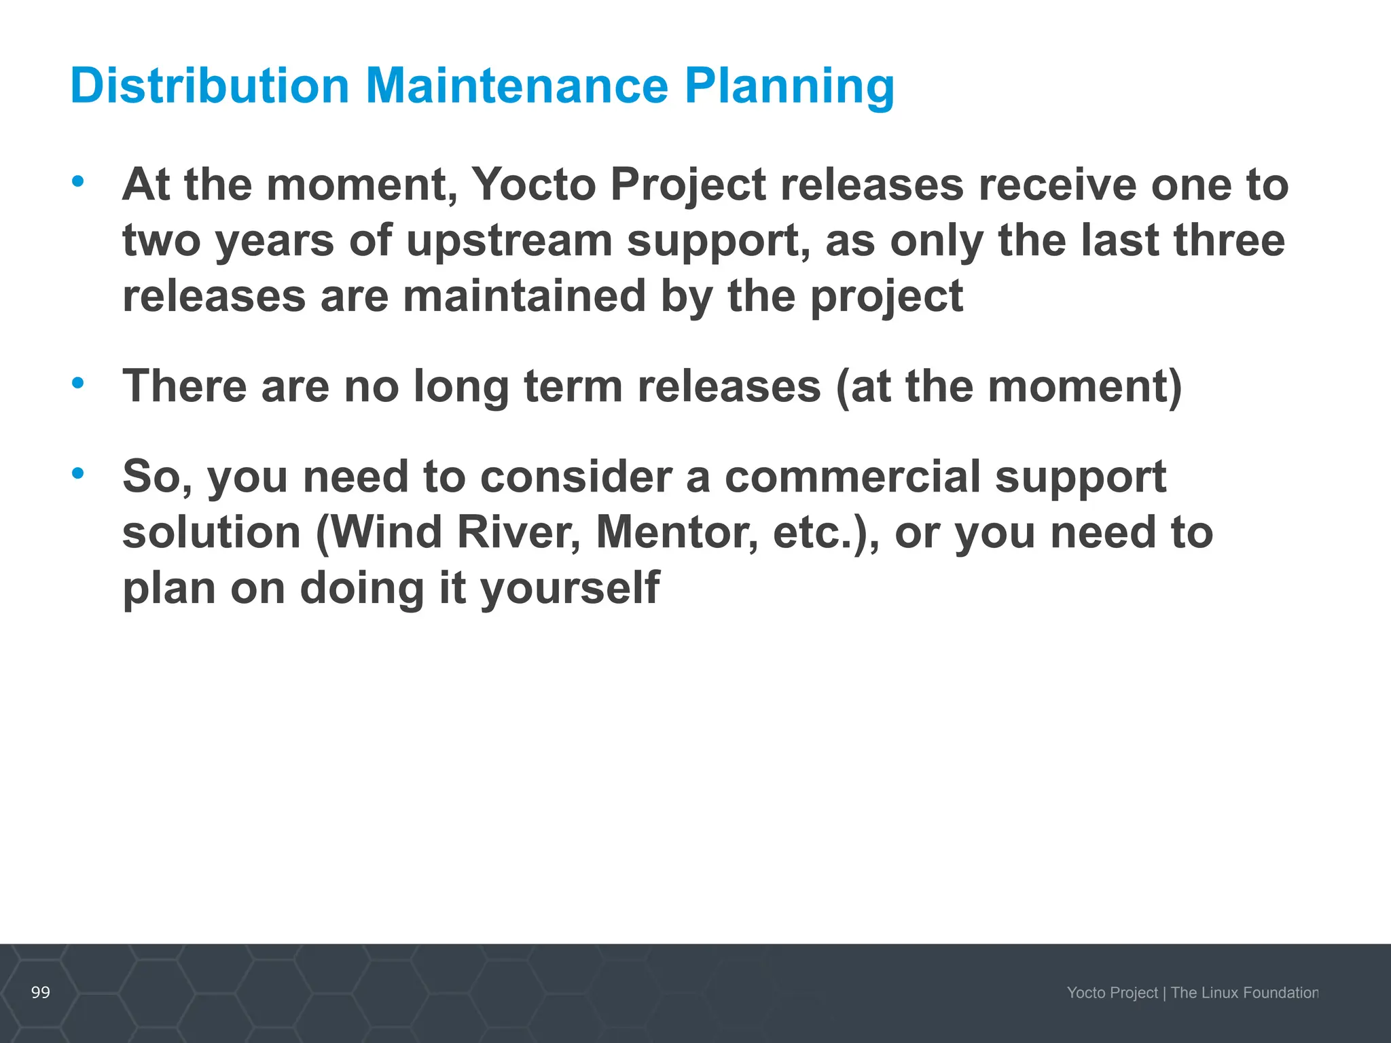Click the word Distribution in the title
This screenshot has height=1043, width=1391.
[x=209, y=86]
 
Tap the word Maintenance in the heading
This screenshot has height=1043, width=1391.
[x=517, y=86]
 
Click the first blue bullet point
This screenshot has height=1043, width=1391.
[x=78, y=181]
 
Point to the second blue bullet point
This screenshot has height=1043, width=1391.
[x=78, y=383]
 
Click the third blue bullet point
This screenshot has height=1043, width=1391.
[x=78, y=473]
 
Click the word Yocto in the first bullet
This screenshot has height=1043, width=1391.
[x=533, y=185]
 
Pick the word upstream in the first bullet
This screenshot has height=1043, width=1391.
[x=509, y=242]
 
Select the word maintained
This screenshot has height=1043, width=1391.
[x=524, y=297]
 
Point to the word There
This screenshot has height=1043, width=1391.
[x=184, y=386]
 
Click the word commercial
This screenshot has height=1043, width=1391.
[x=852, y=477]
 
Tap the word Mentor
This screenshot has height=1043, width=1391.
[x=676, y=532]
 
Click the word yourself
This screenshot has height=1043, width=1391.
[x=570, y=589]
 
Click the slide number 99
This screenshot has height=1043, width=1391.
[x=41, y=993]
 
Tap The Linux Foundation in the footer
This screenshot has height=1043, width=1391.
[x=1244, y=993]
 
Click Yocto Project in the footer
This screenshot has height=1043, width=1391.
[x=1112, y=993]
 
